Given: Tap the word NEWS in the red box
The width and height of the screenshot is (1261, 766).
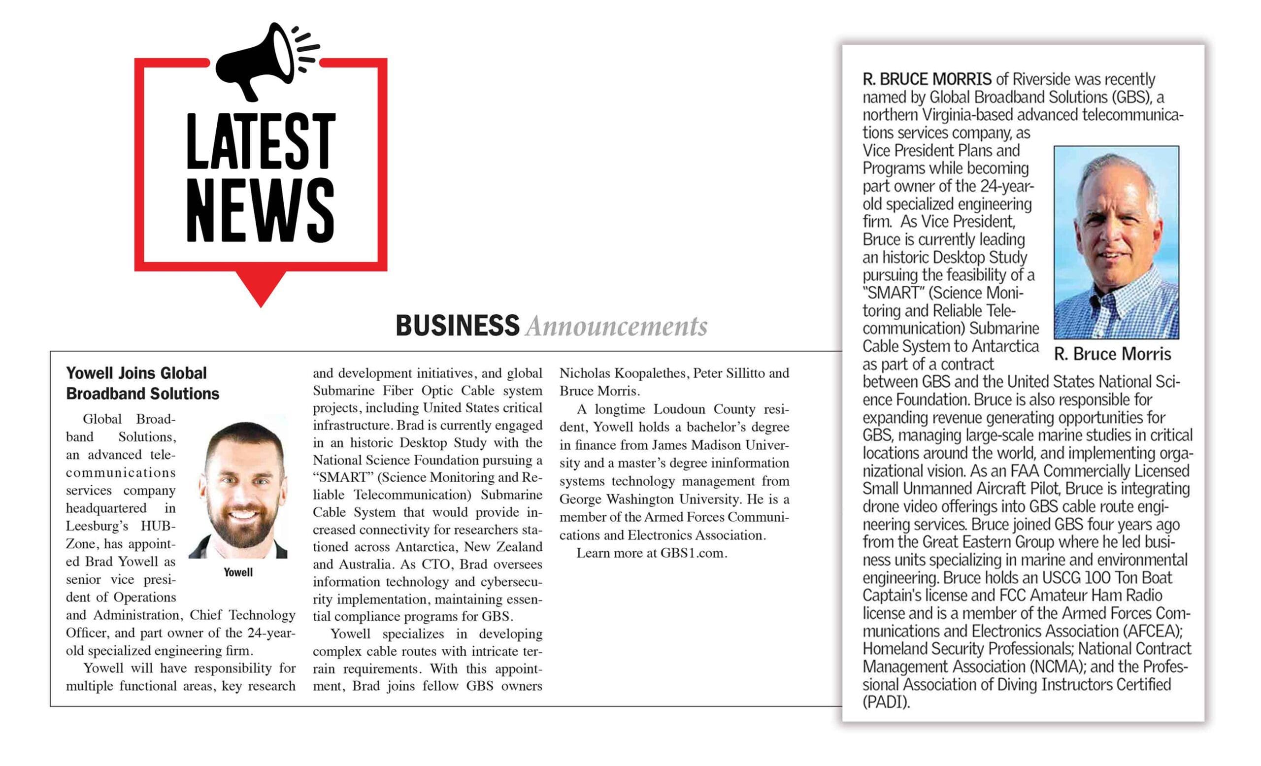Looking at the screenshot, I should [x=261, y=211].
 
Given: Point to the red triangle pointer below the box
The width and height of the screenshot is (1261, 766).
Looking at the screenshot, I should [x=261, y=289].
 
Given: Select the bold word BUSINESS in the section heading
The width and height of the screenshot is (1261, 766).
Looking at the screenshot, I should [x=457, y=326].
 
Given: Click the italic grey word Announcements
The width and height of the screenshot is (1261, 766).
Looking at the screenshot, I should [x=616, y=327].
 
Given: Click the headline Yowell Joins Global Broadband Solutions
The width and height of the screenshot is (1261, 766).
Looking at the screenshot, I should [x=142, y=383].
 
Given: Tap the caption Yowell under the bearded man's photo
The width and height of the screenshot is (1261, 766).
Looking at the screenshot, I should [x=238, y=572].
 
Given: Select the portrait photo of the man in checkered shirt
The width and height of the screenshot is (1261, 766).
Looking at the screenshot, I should [x=1116, y=242].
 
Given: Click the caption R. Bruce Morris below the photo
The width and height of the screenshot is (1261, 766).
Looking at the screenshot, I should [x=1112, y=354].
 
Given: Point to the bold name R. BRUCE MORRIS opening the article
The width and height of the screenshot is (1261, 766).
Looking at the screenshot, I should [x=927, y=80].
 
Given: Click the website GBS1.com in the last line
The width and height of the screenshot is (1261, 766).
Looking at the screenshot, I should [x=693, y=553].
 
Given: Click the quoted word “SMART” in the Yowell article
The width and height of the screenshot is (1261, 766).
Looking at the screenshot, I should [x=342, y=477].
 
